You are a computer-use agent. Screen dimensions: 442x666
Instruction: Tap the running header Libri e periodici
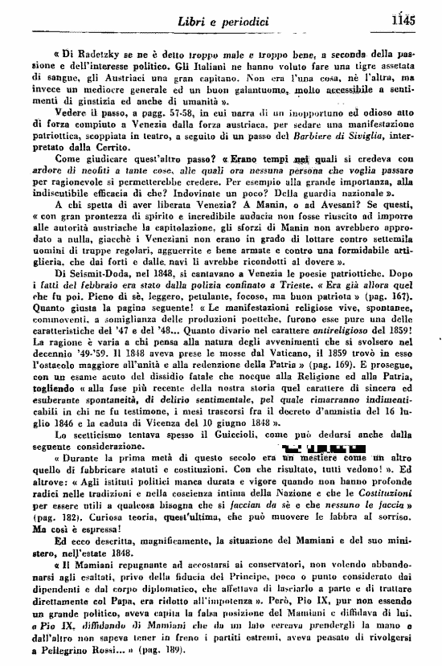pyautogui.click(x=236, y=21)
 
